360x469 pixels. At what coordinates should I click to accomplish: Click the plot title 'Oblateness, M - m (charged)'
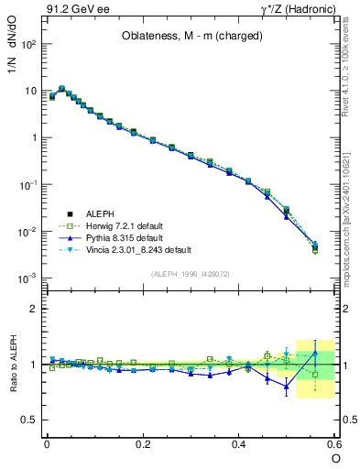pyautogui.click(x=192, y=37)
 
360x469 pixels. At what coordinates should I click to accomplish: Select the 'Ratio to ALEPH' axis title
pyautogui.click(x=14, y=365)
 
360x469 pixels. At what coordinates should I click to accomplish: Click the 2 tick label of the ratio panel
pyautogui.click(x=35, y=309)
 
